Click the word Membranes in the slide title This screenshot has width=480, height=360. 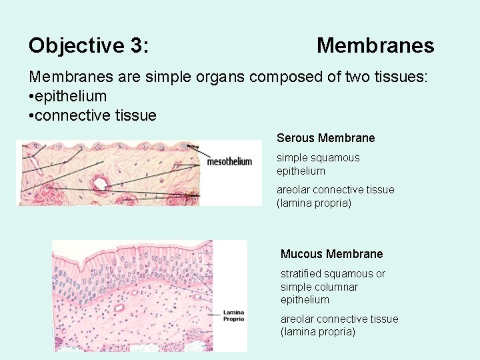pyautogui.click(x=375, y=46)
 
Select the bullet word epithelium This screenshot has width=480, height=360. pyautogui.click(x=72, y=96)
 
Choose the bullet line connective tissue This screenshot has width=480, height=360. pyautogui.click(x=95, y=115)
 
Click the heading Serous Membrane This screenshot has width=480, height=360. pyautogui.click(x=325, y=138)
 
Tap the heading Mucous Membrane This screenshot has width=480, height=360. pyautogui.click(x=331, y=254)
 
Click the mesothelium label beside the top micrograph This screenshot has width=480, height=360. pyautogui.click(x=230, y=161)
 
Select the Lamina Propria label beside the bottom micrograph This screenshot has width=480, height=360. pyautogui.click(x=233, y=315)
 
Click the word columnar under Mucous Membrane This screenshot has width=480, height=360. pyautogui.click(x=337, y=287)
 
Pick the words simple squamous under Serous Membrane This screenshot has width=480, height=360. pyautogui.click(x=318, y=158)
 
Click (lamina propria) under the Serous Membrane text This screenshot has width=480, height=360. pyautogui.click(x=313, y=203)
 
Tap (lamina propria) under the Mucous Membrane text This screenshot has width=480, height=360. pyautogui.click(x=318, y=332)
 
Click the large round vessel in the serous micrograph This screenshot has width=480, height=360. pyautogui.click(x=101, y=183)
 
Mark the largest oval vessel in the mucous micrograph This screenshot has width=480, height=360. pyautogui.click(x=121, y=309)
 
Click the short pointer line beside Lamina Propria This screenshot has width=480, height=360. pyautogui.click(x=214, y=314)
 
